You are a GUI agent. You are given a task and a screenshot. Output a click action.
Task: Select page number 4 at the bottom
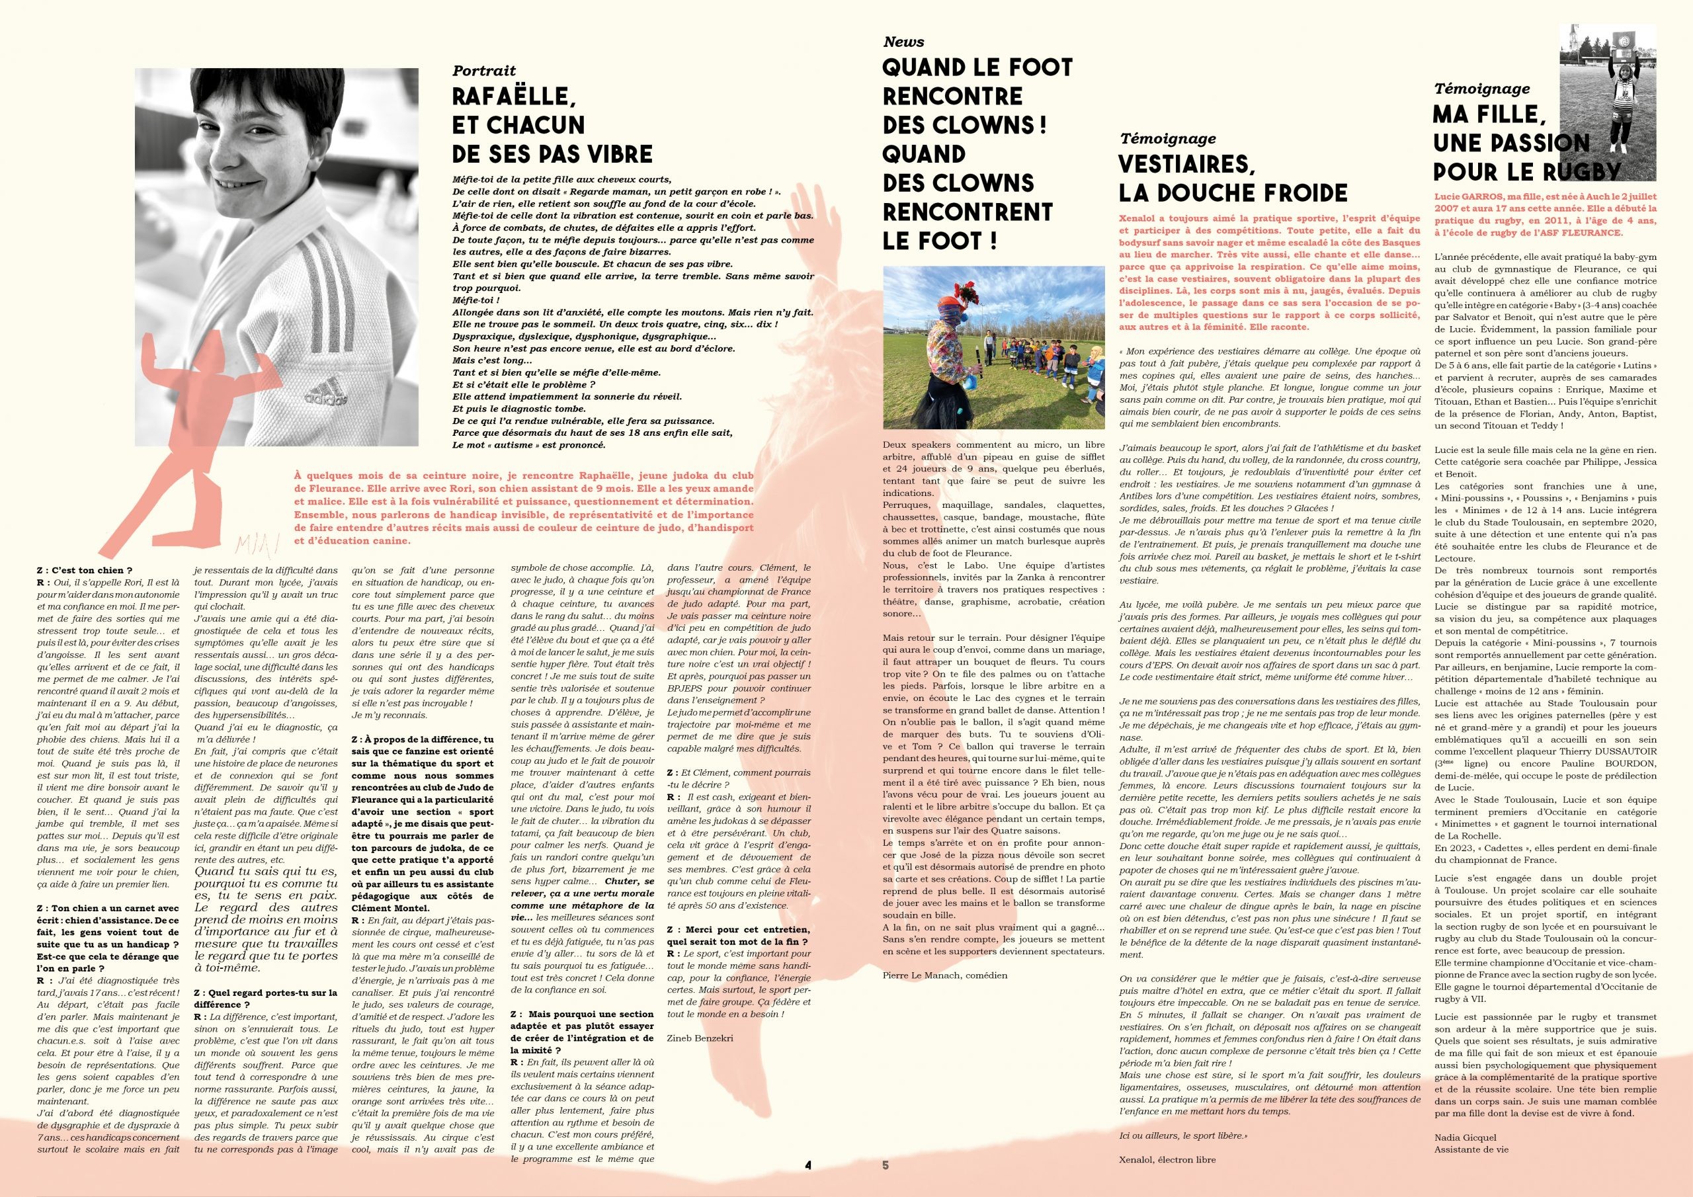(x=808, y=1165)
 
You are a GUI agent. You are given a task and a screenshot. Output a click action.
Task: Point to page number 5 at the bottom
(x=886, y=1165)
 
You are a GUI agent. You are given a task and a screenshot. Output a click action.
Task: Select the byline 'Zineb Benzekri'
(x=700, y=1036)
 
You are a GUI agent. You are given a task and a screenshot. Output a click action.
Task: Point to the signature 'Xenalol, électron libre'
(x=1167, y=1160)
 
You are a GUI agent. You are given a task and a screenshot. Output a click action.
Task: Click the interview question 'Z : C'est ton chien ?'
(x=84, y=570)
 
